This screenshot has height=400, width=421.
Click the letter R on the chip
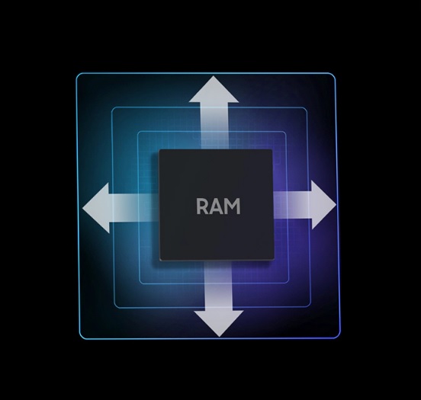click(201, 206)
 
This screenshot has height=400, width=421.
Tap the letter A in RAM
click(215, 206)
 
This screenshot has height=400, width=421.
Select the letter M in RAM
click(231, 206)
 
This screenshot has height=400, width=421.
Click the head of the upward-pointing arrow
click(214, 89)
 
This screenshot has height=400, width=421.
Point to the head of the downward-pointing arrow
click(219, 324)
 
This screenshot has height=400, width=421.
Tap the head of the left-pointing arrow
click(96, 208)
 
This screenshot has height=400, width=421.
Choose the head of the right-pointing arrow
click(323, 205)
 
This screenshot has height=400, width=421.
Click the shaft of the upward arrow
click(214, 126)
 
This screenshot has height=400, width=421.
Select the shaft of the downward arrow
click(218, 286)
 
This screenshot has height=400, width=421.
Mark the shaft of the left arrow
click(134, 208)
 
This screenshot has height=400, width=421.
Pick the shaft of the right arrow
click(292, 205)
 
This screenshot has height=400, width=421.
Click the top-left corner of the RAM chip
click(159, 150)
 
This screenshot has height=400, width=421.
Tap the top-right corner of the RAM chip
click(272, 150)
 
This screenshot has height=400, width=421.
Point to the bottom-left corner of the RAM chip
click(160, 260)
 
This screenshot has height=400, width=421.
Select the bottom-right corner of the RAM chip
click(274, 260)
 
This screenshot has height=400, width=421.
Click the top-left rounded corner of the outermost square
click(78, 75)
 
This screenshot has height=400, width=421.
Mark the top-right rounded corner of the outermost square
click(333, 75)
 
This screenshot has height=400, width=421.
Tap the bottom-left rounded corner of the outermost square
click(82, 337)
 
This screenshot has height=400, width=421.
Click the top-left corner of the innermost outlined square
click(139, 133)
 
